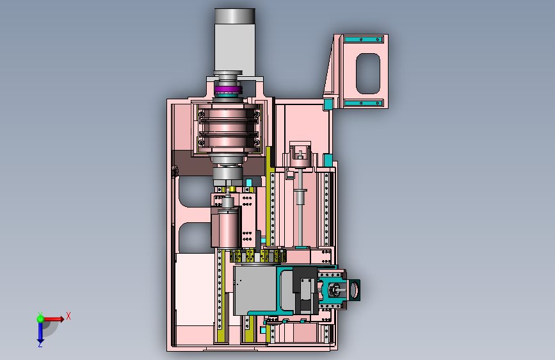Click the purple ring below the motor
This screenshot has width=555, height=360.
(228, 88)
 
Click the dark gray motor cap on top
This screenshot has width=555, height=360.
(235, 16)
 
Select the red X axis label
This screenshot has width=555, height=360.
(68, 316)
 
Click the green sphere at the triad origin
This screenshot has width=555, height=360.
(40, 319)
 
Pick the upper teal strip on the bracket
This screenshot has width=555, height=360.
(363, 39)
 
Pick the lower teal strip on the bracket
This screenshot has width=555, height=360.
(363, 103)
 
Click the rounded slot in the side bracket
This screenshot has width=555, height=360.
(368, 74)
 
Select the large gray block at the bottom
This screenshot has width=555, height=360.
(255, 290)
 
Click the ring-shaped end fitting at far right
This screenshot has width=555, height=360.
(354, 290)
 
